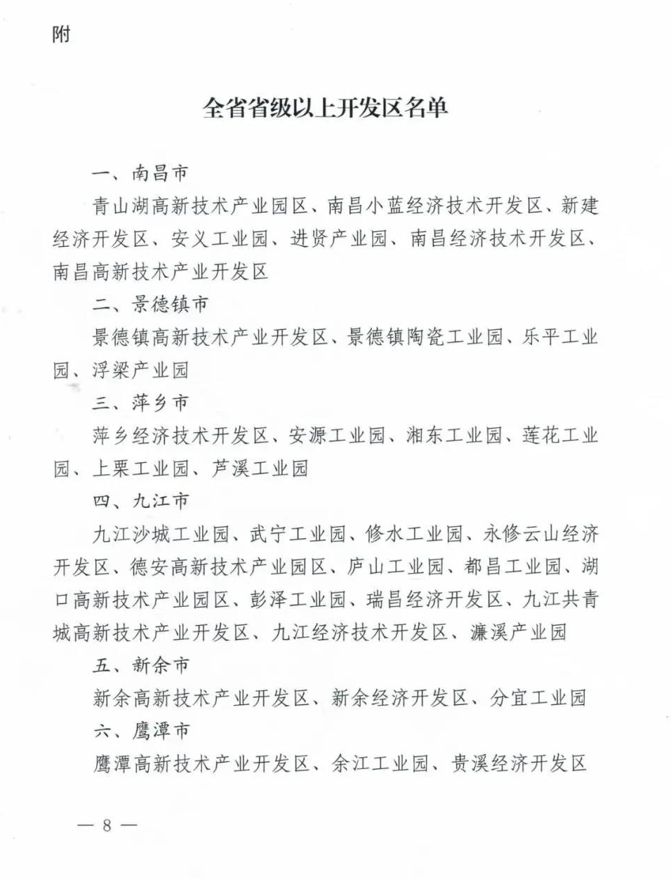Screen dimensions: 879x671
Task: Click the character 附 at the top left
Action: coord(62,34)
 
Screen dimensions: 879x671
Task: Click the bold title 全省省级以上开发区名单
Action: coord(325,108)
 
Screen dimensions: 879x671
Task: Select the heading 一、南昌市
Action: coord(141,173)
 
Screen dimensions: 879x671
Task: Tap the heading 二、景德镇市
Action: coord(151,304)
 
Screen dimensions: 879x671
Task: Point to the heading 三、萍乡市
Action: coord(141,403)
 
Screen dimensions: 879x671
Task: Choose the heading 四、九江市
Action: coord(141,501)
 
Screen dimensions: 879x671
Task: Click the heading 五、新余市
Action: coord(141,665)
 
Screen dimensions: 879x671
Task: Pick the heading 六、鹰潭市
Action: coord(141,731)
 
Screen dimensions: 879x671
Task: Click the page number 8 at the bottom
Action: coord(107,825)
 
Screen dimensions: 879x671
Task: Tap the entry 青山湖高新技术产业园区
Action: coord(200,206)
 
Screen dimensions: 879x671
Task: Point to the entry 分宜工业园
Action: coord(537,698)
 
